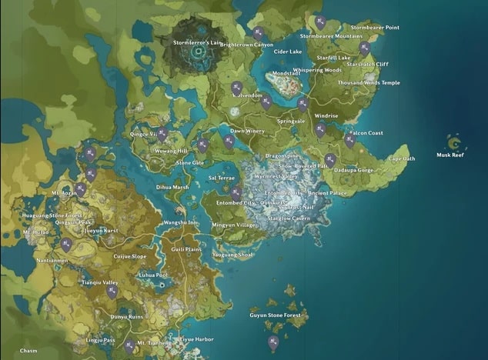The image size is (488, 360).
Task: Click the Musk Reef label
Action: click(450, 155)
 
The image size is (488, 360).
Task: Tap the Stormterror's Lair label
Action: click(192, 43)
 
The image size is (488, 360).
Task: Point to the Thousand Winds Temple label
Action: click(369, 82)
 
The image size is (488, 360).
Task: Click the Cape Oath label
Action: click(401, 158)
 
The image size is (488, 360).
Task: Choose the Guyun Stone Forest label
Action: click(273, 315)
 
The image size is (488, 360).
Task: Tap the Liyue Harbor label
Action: click(196, 339)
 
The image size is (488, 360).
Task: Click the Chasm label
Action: click(28, 350)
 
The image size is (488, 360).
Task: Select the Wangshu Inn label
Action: click(181, 223)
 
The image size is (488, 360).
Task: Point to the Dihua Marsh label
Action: click(172, 187)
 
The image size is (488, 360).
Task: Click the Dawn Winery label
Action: click(247, 131)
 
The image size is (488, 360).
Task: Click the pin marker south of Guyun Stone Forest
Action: click(272, 342)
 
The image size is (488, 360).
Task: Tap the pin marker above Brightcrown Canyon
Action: click(259, 32)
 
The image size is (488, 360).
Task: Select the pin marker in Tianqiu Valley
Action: click(112, 292)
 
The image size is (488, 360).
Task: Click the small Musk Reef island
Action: click(454, 142)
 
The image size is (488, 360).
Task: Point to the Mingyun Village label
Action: click(234, 225)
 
